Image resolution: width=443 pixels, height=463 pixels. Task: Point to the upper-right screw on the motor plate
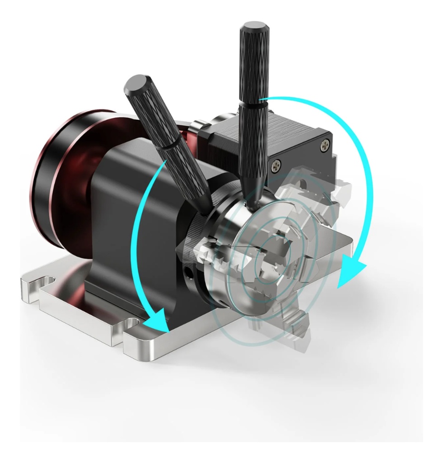pyautogui.click(x=326, y=145)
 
